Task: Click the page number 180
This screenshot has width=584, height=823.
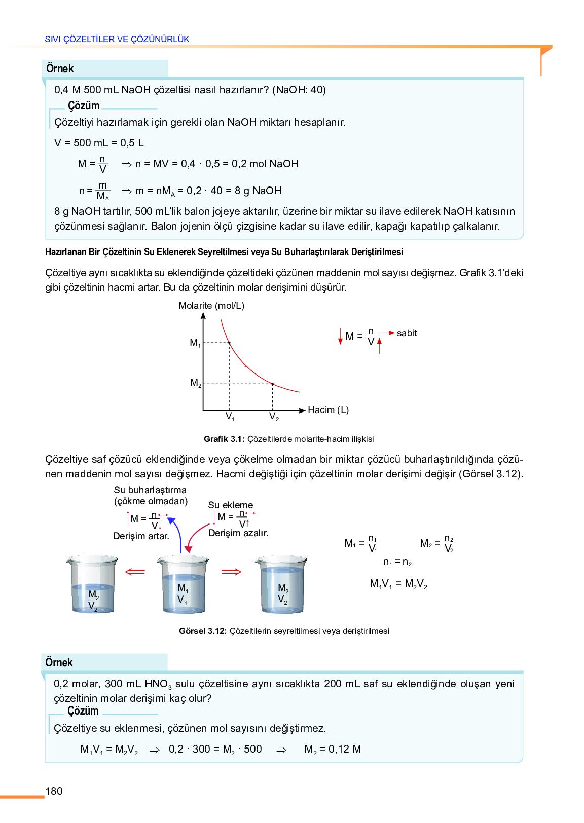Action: pos(54,791)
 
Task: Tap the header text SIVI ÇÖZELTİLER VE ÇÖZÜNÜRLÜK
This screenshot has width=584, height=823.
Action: pos(117,39)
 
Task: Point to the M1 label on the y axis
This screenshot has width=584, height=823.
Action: pos(195,343)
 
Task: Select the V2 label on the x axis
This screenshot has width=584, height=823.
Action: pos(274,417)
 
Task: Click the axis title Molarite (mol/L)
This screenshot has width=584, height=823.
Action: pos(211,306)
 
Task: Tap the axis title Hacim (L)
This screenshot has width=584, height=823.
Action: pos(328,410)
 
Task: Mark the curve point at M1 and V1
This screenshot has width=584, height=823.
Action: pos(229,343)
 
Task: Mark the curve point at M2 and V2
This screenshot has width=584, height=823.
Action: pos(272,384)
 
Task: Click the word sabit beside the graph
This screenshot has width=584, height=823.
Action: pos(407,333)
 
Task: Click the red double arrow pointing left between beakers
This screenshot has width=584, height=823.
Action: pos(135,572)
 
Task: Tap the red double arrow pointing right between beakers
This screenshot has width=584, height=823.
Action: pos(232,572)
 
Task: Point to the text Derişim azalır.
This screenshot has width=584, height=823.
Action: pos(238,533)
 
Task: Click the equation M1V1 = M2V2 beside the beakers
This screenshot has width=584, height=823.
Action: pos(398,584)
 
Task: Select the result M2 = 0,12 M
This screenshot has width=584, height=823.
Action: pos(333,749)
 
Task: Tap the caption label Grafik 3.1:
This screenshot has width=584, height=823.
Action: pos(224,439)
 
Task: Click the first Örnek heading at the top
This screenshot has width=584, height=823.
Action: pos(60,68)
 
